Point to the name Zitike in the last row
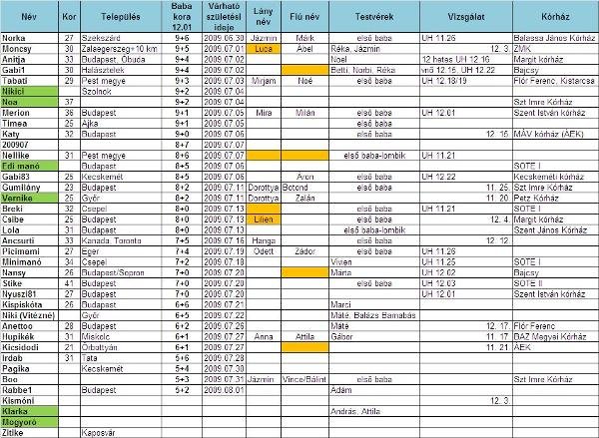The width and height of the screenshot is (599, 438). [x=14, y=432]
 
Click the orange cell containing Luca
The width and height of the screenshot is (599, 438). [x=264, y=47]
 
